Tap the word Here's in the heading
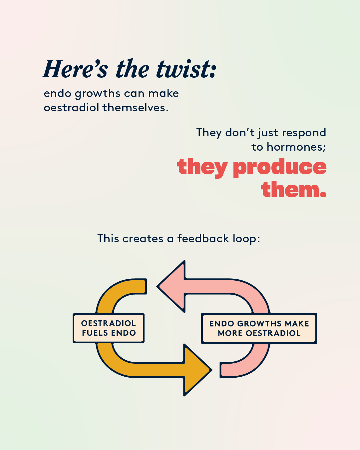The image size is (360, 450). point(76,69)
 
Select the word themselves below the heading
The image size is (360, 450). point(136,108)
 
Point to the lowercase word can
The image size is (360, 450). point(134,93)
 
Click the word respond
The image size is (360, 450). point(304,133)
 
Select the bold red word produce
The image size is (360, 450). point(279,168)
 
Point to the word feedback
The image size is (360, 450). point(203,238)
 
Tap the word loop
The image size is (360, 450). point(246,239)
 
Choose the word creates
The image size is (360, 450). point(143,239)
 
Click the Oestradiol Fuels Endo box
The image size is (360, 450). point(109,328)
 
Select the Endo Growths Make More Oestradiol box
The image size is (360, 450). point(259,328)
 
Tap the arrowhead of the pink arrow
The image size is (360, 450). point(171,286)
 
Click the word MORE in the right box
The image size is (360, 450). point(230,333)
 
